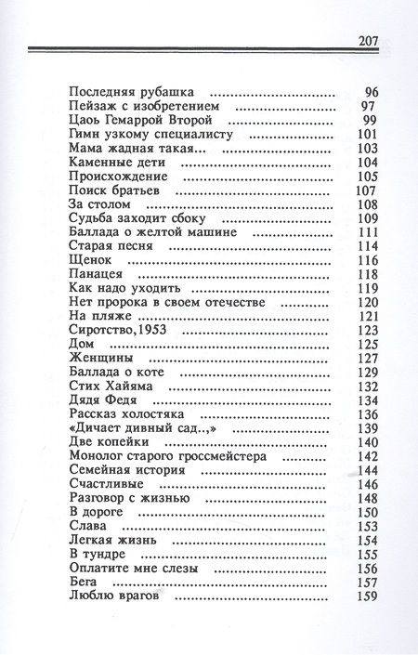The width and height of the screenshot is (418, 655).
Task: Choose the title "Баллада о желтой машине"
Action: coord(152,231)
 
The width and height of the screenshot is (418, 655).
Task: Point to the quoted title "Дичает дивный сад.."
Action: coord(137,427)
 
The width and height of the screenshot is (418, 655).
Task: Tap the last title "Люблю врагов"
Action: coord(111,596)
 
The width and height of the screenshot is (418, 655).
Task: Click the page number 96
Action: coord(374,94)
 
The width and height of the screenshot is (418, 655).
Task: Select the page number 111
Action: coord(371,231)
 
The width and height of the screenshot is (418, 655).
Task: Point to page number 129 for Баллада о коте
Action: coord(371,372)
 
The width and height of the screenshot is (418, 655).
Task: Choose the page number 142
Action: coord(371,456)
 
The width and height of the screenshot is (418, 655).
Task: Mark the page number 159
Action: coord(371,596)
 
